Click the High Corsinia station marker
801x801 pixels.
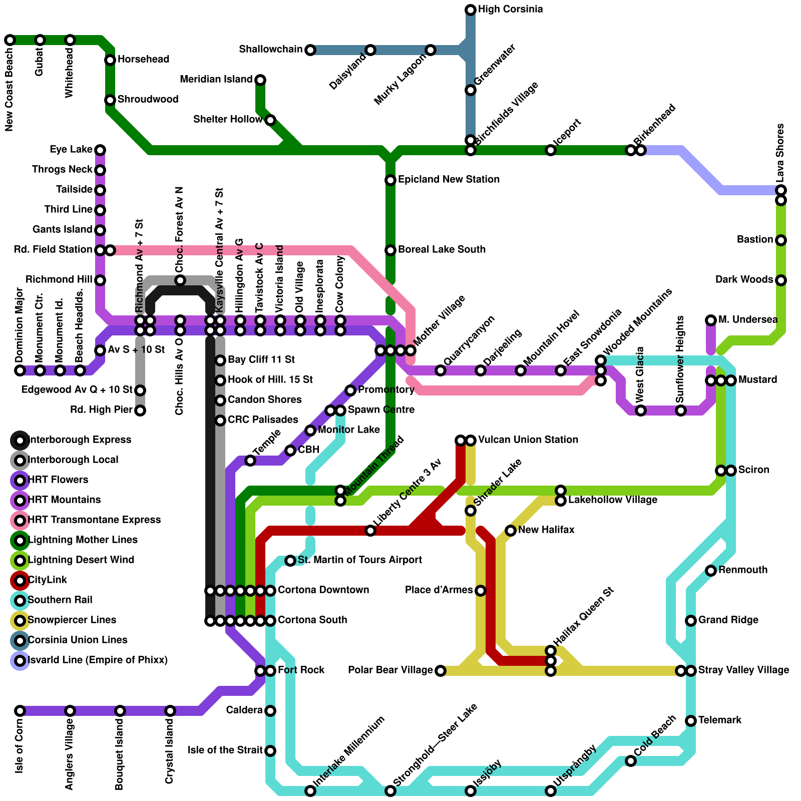pyautogui.click(x=471, y=10)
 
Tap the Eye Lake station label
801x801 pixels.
pyautogui.click(x=71, y=150)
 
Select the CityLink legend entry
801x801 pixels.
pyautogui.click(x=48, y=580)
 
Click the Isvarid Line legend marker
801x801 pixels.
pyautogui.click(x=20, y=660)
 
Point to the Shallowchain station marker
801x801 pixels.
pyautogui.click(x=310, y=50)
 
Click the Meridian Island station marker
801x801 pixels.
pyautogui.click(x=260, y=80)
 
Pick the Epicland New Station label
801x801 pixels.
pyautogui.click(x=449, y=180)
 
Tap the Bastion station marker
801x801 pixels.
pyautogui.click(x=781, y=240)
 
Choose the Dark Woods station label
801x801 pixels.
pyautogui.click(x=744, y=280)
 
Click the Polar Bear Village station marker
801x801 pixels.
pyautogui.click(x=441, y=671)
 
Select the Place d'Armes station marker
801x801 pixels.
pyautogui.click(x=481, y=591)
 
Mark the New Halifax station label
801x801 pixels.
pyautogui.click(x=546, y=530)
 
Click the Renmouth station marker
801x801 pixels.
pyautogui.click(x=711, y=571)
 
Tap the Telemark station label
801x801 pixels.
pyautogui.click(x=719, y=720)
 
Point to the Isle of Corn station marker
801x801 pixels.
pyautogui.click(x=20, y=711)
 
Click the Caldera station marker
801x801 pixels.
pyautogui.click(x=270, y=711)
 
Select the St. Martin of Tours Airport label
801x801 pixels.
pyautogui.click(x=359, y=560)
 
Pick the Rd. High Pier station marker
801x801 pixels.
pyautogui.click(x=140, y=411)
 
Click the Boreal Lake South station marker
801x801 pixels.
pyautogui.click(x=390, y=250)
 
